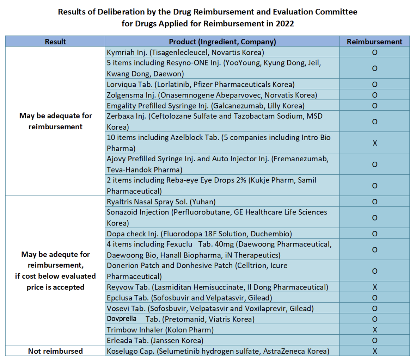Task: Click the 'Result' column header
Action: [x=55, y=42]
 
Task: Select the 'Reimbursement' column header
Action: [x=374, y=42]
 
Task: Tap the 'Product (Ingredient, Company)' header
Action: [x=222, y=42]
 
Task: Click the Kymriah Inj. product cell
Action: [x=185, y=52]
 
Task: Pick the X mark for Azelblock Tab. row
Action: [x=375, y=143]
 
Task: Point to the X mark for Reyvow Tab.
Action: [x=375, y=287]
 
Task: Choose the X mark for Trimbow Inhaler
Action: [x=375, y=330]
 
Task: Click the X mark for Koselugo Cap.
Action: [x=375, y=351]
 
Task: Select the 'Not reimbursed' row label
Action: [x=55, y=351]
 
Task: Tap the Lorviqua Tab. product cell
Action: [x=201, y=85]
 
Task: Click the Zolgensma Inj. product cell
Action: [x=212, y=95]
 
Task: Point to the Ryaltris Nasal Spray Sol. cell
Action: [x=161, y=202]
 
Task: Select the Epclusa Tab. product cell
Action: [x=189, y=298]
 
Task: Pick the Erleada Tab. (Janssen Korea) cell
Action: [x=155, y=341]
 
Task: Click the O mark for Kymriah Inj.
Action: [x=375, y=52]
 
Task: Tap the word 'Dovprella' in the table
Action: [x=122, y=319]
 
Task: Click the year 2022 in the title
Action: [x=285, y=24]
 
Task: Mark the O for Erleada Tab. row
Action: [x=375, y=341]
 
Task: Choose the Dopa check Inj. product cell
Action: [x=199, y=234]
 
